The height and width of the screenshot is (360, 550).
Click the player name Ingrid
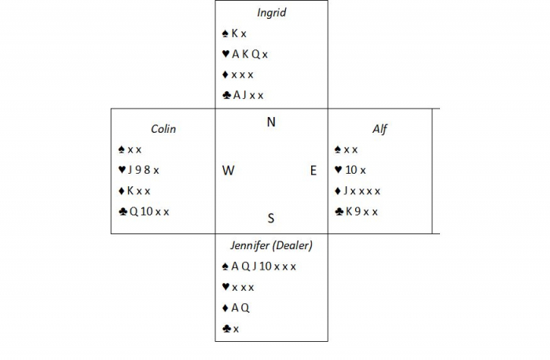pos(271,13)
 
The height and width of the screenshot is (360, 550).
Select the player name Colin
pos(163,129)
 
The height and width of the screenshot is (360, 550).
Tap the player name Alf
pos(380,129)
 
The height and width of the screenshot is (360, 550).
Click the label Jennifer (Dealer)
pos(271,245)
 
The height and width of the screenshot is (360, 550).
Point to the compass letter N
pos(271,122)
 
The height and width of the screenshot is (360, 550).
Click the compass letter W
pos(228,171)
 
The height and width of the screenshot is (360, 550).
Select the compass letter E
pos(313,171)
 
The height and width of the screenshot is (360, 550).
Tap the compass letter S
pos(271,219)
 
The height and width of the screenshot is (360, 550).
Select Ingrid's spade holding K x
pos(235,34)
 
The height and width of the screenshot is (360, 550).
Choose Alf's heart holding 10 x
pos(350,170)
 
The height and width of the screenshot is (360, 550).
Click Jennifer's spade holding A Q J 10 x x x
pos(259,266)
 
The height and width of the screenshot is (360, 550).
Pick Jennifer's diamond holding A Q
pos(236,308)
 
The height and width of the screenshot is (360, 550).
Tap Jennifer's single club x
pos(231,329)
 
